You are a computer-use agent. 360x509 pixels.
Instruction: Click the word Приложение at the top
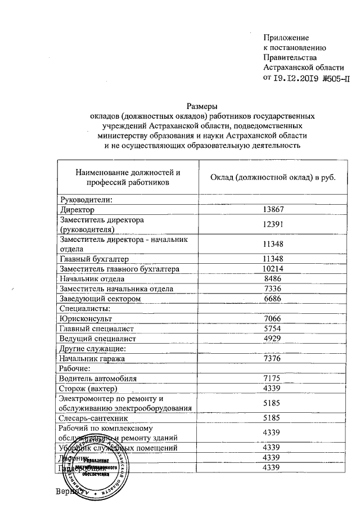click(286, 38)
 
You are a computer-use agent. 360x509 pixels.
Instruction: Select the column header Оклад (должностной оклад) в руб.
click(272, 177)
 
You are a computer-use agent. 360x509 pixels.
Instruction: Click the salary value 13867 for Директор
click(272, 210)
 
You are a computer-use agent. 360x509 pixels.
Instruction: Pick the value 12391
click(272, 224)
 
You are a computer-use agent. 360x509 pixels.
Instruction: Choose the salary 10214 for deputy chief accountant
click(272, 269)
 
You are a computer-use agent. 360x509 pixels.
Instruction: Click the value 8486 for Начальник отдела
click(272, 279)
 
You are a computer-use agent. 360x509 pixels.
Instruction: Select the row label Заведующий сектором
click(100, 299)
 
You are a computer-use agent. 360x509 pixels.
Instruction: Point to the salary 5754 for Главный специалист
click(272, 328)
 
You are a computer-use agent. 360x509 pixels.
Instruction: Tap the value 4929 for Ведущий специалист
click(272, 339)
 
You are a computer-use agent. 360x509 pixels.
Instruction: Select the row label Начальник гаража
click(92, 358)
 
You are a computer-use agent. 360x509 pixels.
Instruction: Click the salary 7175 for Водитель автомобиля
click(272, 379)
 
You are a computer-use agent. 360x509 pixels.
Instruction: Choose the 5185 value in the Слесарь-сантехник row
click(272, 418)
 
